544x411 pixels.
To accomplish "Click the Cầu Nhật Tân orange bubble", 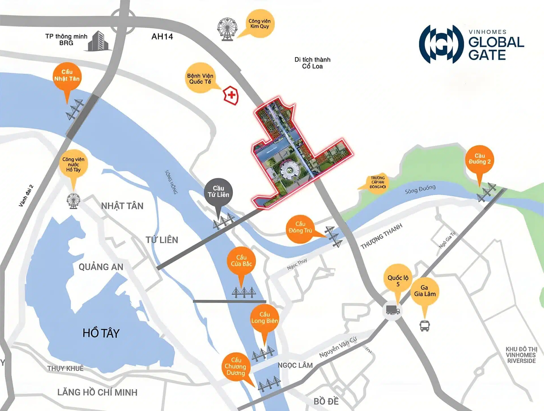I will (x=67, y=75).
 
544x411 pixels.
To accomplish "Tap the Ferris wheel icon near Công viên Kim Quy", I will (x=227, y=29).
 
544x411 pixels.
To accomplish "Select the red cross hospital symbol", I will (x=231, y=95).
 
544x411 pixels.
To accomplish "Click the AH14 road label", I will (x=162, y=37).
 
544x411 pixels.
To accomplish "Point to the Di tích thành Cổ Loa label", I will (x=312, y=63).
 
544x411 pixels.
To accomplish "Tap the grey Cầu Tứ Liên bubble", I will (x=218, y=192).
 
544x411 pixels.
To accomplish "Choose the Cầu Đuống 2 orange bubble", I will (x=480, y=159).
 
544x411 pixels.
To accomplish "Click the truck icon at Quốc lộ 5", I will (x=392, y=310).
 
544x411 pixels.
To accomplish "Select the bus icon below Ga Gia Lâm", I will (x=424, y=326).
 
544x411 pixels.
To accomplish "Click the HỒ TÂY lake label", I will (x=101, y=333).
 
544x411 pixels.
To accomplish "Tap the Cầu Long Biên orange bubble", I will (x=265, y=318).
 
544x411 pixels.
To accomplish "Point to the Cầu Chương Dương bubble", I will (x=236, y=366).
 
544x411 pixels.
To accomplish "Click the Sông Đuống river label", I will (x=420, y=189).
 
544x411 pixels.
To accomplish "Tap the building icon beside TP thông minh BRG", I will (x=98, y=41).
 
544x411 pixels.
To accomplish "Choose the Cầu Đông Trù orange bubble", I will (x=300, y=228).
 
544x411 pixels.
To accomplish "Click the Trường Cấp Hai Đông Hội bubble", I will (x=378, y=182).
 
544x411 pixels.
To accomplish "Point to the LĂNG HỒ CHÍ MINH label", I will (x=97, y=392).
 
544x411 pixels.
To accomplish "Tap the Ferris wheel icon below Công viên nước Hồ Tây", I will (x=73, y=201).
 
